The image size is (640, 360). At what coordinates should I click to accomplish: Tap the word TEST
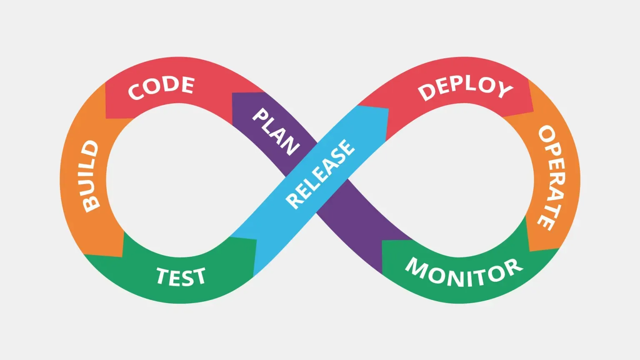pyautogui.click(x=181, y=277)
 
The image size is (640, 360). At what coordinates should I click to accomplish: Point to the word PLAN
pyautogui.click(x=276, y=131)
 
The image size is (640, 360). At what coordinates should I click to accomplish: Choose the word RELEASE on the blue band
pyautogui.click(x=320, y=174)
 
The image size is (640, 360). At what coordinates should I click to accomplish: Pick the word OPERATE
pyautogui.click(x=552, y=177)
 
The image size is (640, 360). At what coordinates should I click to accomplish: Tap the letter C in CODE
pyautogui.click(x=136, y=92)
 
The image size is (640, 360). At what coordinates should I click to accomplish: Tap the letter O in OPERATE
pyautogui.click(x=546, y=134)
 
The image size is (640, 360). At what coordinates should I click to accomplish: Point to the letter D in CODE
pyautogui.click(x=171, y=84)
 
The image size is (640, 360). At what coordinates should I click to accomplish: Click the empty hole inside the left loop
pyautogui.click(x=175, y=179)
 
